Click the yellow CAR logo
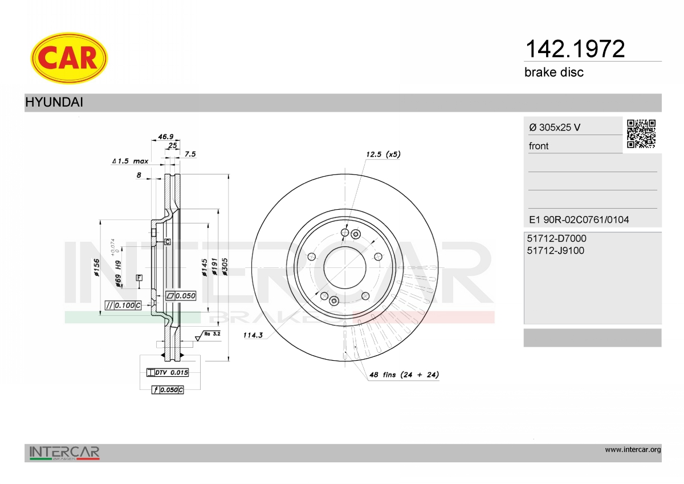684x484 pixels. tap(69, 58)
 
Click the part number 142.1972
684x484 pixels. tap(575, 49)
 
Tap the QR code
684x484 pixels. tap(641, 134)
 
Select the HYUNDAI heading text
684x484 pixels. tap(54, 102)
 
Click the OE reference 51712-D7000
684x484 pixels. tap(557, 238)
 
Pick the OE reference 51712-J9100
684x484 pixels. tap(555, 250)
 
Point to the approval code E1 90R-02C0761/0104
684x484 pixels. tap(579, 219)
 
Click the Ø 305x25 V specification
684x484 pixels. tap(555, 127)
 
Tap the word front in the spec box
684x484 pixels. tap(539, 146)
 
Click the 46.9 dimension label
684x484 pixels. tap(166, 136)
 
